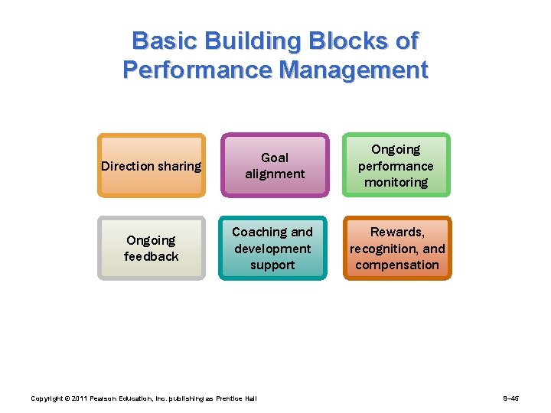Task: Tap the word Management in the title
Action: (354, 70)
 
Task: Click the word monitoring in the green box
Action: (396, 183)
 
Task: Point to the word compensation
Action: (396, 265)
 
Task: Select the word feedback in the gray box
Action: (152, 257)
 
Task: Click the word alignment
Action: (275, 174)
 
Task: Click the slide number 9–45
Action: (511, 398)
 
